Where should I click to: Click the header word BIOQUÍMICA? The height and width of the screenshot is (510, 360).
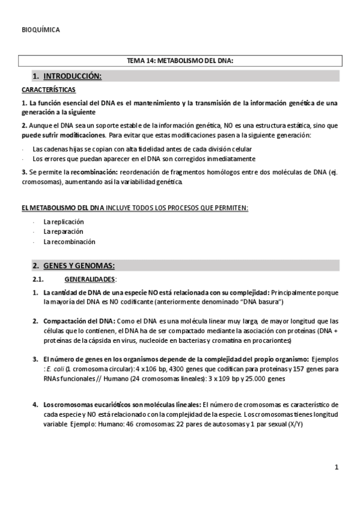click(40, 29)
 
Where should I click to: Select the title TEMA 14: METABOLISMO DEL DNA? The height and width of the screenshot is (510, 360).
click(180, 61)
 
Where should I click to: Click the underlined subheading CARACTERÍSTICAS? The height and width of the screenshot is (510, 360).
click(48, 90)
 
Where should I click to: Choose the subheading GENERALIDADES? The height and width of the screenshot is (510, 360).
click(90, 279)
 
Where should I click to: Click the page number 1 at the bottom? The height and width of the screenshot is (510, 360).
click(337, 467)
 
